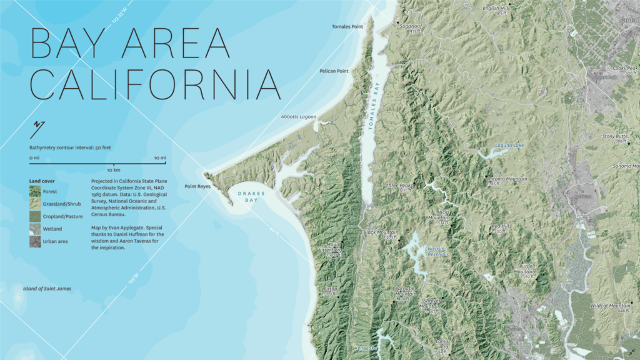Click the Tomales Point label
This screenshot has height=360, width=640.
point(347,26)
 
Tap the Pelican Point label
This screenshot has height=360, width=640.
point(334,71)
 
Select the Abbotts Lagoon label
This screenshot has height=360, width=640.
point(299,117)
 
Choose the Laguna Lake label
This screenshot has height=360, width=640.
point(509,146)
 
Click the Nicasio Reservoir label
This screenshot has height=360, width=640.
point(437,251)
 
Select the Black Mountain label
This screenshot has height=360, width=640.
point(381,232)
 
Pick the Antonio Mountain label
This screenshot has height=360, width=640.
point(507,179)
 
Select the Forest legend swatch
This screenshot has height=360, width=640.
point(34,191)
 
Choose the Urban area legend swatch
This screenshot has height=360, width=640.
point(34,241)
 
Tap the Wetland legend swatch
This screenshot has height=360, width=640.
point(34,229)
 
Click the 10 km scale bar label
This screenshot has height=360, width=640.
point(113,170)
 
